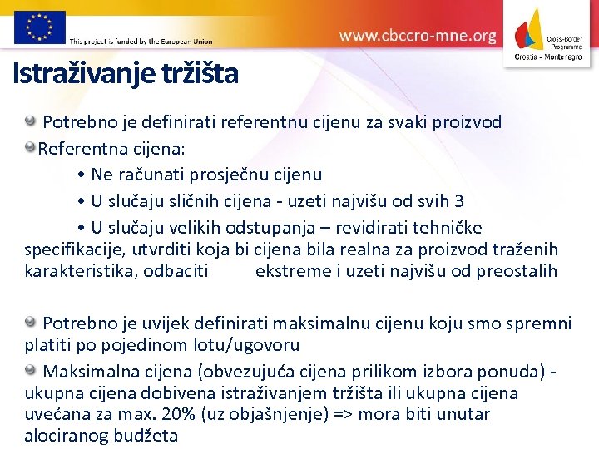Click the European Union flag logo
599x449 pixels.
coord(39,27)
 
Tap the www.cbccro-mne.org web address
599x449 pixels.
coord(418,36)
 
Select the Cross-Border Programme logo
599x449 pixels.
coord(549,34)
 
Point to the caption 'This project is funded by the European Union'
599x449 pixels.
coord(141,41)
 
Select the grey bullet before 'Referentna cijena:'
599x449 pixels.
coord(30,150)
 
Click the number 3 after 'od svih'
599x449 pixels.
coord(459,201)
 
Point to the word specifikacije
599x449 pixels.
coord(73,249)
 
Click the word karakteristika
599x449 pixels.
coord(77,271)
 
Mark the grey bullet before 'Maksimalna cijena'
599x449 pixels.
coord(30,369)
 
